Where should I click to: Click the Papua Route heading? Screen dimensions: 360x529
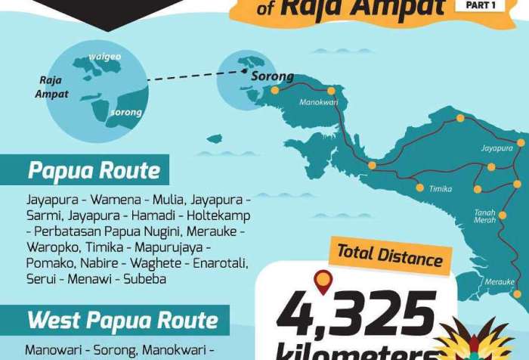click(x=94, y=170)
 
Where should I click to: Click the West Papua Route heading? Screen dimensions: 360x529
click(x=122, y=320)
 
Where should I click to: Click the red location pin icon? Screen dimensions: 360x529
click(x=323, y=281)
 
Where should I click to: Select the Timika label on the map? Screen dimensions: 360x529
click(x=440, y=189)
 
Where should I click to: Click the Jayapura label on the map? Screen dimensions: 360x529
click(x=497, y=148)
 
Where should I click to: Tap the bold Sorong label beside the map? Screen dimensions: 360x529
click(x=272, y=76)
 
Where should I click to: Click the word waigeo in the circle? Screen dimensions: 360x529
click(x=104, y=56)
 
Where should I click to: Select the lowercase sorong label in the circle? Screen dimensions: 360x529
click(x=126, y=113)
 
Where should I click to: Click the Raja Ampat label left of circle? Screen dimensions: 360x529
click(x=51, y=87)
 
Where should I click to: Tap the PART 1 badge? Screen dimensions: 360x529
click(x=475, y=5)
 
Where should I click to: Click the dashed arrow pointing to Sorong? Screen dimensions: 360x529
click(x=196, y=75)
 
